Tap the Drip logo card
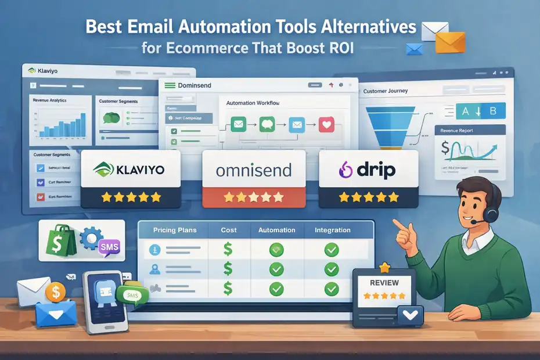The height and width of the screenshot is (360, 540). click(x=368, y=170)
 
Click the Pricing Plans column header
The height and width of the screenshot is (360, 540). click(x=175, y=231)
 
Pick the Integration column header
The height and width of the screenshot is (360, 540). click(x=333, y=231)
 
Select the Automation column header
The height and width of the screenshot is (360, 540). click(x=276, y=231)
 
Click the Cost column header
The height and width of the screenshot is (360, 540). click(x=229, y=231)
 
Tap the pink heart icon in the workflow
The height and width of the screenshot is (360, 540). click(x=327, y=124)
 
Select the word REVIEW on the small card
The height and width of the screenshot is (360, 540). click(x=384, y=283)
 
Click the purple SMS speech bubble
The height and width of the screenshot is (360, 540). click(x=109, y=247)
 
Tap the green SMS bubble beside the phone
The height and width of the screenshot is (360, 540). click(x=131, y=296)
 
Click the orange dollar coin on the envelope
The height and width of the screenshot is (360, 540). click(x=57, y=292)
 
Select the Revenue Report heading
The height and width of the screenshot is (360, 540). click(x=456, y=131)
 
